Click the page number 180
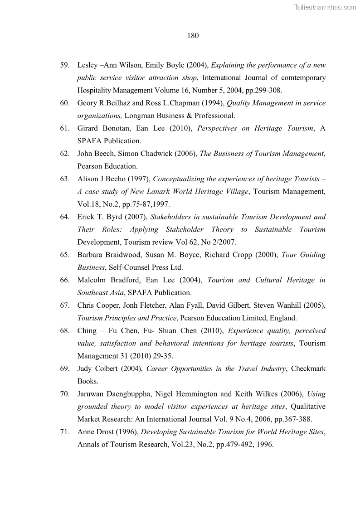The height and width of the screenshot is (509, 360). tap(193, 35)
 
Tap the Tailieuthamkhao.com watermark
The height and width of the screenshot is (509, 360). tap(325, 7)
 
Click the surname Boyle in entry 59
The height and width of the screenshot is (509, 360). tap(170, 65)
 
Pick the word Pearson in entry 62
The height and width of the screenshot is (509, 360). tap(90, 166)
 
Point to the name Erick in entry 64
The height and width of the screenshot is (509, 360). tap(87, 217)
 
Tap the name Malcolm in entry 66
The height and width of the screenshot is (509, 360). tap(92, 280)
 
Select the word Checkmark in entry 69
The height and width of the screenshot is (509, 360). tap(308, 368)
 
